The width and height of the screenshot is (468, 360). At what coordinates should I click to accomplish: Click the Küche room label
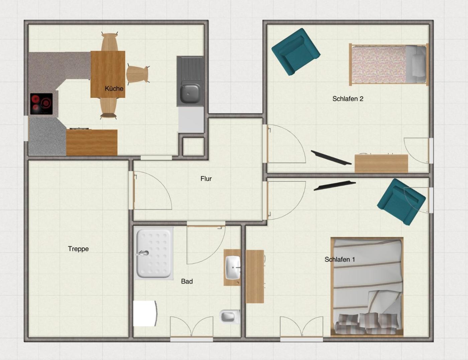click(x=114, y=88)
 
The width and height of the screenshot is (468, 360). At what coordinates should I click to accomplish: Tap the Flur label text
click(x=206, y=178)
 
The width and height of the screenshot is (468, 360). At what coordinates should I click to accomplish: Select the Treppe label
click(x=79, y=249)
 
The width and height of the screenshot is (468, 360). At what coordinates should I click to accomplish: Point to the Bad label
click(x=187, y=281)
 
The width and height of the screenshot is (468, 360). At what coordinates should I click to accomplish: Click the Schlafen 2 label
click(x=348, y=99)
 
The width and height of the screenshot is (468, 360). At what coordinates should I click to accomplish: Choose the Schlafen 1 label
click(x=340, y=259)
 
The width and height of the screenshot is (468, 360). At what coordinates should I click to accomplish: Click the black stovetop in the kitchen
click(x=41, y=104)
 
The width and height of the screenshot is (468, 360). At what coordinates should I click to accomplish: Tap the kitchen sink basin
click(x=190, y=93)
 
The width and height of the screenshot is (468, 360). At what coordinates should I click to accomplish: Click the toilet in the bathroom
click(x=230, y=316)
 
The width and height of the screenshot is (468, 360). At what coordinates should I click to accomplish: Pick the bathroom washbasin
click(x=233, y=267)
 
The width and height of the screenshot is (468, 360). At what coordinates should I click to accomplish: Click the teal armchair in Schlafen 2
click(x=296, y=52)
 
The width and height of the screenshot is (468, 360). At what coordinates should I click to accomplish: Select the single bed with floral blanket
click(x=389, y=64)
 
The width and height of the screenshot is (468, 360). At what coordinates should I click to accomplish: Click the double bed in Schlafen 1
click(x=367, y=287)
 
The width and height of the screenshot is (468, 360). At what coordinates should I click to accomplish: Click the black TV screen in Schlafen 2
click(x=331, y=157)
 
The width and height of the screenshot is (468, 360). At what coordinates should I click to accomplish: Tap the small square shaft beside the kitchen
click(x=193, y=147)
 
